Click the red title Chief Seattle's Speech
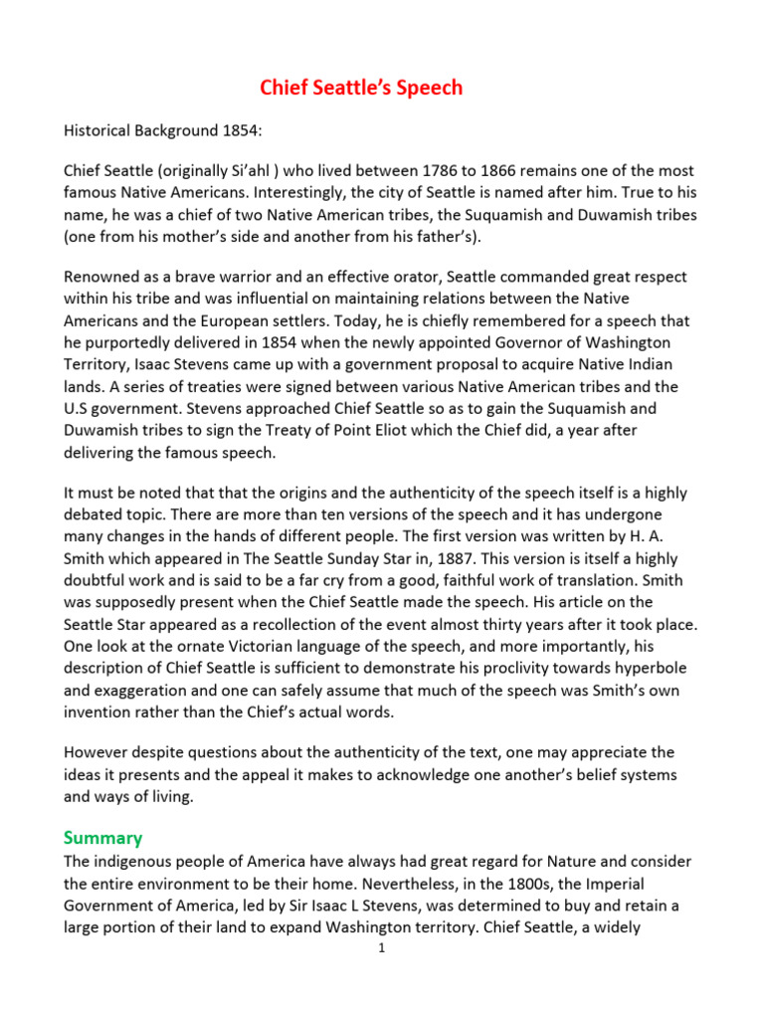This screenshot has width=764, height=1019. tap(361, 88)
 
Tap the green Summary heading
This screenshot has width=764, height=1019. tap(102, 837)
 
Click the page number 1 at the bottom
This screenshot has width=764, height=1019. tap(381, 947)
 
